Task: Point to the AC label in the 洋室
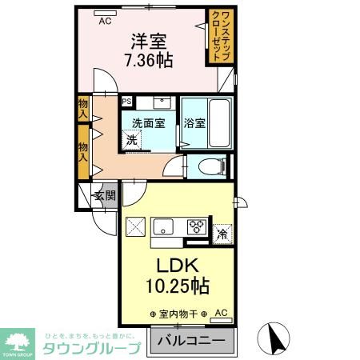tap(105, 22)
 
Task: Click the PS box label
tap(126, 102)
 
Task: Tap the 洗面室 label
tap(148, 123)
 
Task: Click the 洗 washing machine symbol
tap(130, 139)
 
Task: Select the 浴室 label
tap(194, 123)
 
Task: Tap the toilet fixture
tap(210, 166)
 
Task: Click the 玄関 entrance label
tap(104, 194)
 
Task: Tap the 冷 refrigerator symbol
tap(222, 234)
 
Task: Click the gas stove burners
tap(195, 226)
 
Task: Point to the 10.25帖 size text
tap(177, 286)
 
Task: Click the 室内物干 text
tap(178, 314)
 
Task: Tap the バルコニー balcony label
tap(190, 342)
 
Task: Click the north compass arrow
tap(277, 339)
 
